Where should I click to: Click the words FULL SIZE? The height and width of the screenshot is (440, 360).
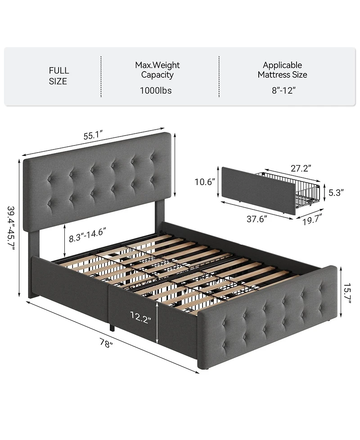(x=58, y=76)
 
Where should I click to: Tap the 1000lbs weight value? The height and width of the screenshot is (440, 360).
(x=157, y=91)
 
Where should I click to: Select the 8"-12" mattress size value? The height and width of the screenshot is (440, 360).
(x=282, y=91)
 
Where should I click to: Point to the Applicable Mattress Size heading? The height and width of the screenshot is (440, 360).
(x=282, y=70)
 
